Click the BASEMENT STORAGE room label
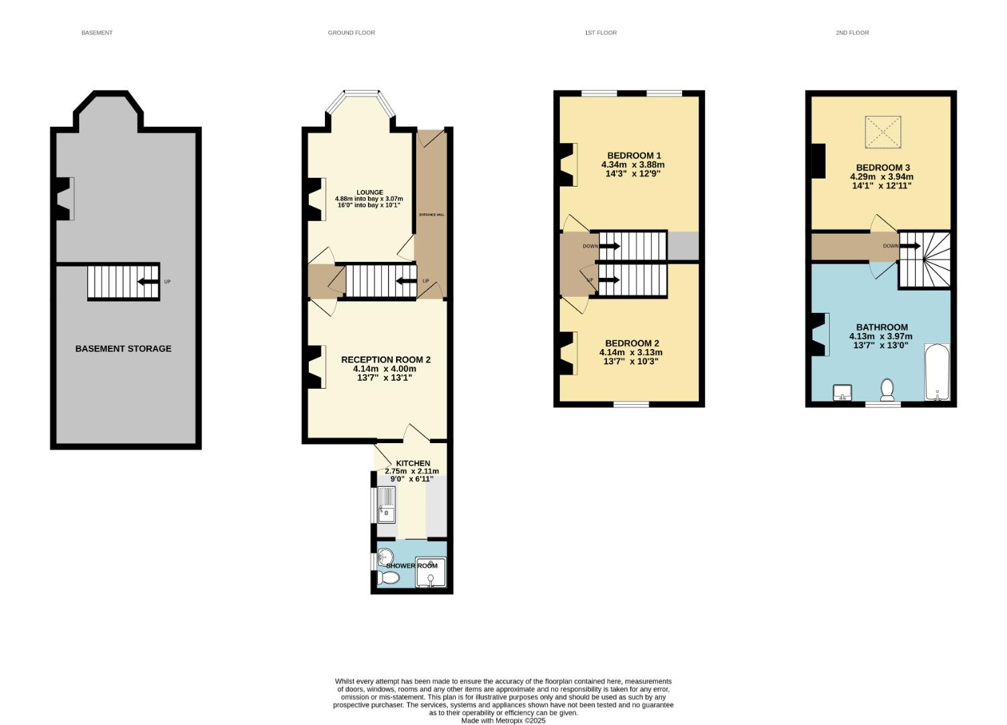click(123, 348)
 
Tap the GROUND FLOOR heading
click(351, 33)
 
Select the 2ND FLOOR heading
click(852, 33)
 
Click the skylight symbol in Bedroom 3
click(882, 132)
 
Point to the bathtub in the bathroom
click(937, 373)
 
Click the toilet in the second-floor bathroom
click(887, 390)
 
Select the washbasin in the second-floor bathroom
click(842, 392)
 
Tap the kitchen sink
click(387, 505)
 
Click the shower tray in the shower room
click(430, 573)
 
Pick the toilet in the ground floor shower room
click(389, 577)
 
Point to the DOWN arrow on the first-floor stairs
click(610, 246)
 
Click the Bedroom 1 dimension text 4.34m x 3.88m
click(633, 164)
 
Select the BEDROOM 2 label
click(632, 343)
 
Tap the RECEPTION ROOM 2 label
click(385, 360)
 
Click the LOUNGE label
click(370, 193)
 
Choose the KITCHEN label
click(413, 463)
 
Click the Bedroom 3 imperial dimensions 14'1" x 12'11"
click(881, 186)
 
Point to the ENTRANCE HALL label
click(432, 214)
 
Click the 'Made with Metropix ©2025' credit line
click(503, 721)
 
